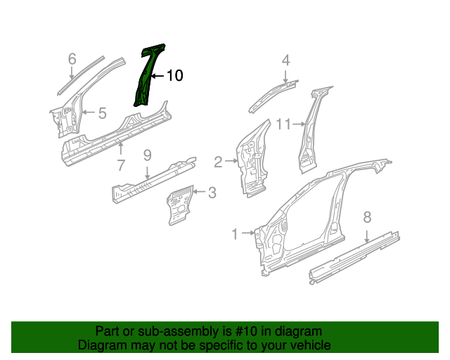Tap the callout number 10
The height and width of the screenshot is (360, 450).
[174, 75]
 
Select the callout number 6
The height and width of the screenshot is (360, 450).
[72, 59]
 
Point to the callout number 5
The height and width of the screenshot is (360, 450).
[102, 112]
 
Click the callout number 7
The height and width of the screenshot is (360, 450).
[122, 166]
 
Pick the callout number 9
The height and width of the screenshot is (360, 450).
[147, 155]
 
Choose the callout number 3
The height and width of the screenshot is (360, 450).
[212, 193]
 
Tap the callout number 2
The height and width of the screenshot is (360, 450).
[218, 162]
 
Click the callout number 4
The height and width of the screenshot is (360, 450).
[286, 60]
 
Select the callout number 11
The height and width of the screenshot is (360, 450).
[283, 124]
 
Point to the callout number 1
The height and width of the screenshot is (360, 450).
[235, 234]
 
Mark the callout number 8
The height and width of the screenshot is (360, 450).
[367, 217]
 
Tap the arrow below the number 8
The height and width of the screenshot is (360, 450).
[367, 236]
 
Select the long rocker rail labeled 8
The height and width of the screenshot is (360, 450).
[354, 257]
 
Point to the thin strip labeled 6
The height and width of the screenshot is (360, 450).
[81, 75]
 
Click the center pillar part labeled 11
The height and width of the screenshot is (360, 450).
[311, 129]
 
